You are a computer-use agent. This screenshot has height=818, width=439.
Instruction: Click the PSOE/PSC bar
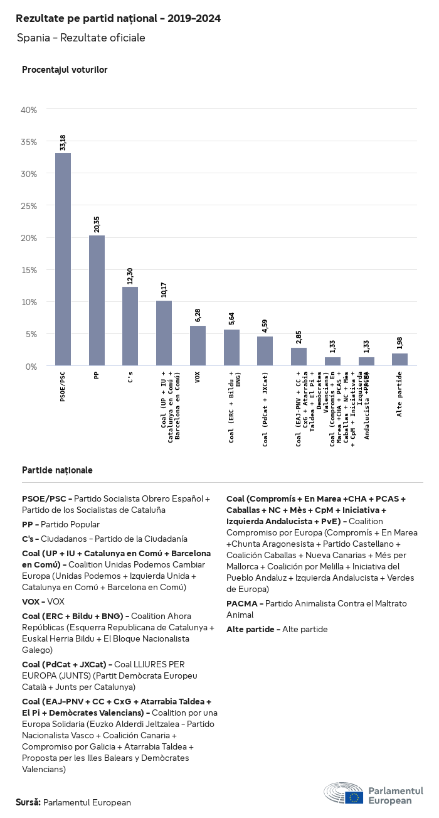pyautogui.click(x=63, y=259)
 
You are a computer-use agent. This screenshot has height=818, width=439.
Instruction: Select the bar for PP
pyautogui.click(x=97, y=300)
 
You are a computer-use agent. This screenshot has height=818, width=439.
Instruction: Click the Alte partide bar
pyautogui.click(x=399, y=359)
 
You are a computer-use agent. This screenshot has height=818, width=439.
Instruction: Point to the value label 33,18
pyautogui.click(x=63, y=143)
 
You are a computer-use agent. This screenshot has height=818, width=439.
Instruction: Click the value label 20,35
pyautogui.click(x=97, y=225)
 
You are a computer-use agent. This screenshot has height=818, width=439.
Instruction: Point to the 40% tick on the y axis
pyautogui.click(x=29, y=110)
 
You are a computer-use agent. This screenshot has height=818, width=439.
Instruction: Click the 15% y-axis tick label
pyautogui.click(x=29, y=270)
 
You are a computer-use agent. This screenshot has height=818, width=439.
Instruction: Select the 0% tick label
pyautogui.click(x=31, y=366)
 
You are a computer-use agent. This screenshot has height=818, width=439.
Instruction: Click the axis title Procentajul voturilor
pyautogui.click(x=65, y=70)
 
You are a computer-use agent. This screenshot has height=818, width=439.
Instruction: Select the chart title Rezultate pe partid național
pyautogui.click(x=118, y=19)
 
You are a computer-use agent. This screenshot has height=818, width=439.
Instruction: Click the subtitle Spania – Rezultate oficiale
pyautogui.click(x=81, y=38)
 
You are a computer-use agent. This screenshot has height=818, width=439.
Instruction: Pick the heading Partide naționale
pyautogui.click(x=57, y=470)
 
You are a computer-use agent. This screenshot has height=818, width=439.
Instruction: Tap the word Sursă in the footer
pyautogui.click(x=28, y=802)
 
